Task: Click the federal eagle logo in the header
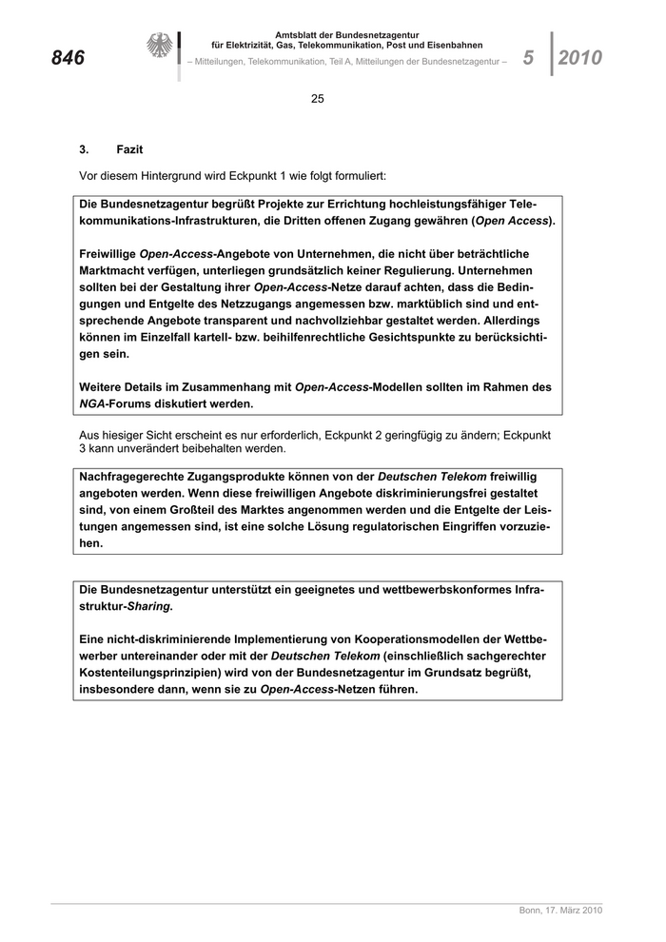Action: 160,47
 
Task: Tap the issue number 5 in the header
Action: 529,58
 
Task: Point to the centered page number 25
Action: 318,99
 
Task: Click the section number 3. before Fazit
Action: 85,149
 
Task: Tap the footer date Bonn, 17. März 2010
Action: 560,911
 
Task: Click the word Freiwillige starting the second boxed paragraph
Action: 108,254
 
